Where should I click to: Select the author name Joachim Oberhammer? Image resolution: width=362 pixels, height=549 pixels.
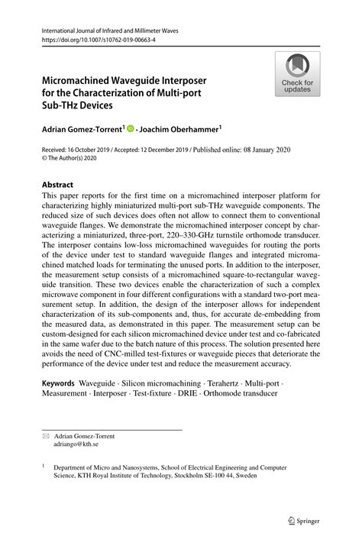tap(180, 130)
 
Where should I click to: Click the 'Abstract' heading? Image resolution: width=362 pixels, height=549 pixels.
tap(57, 185)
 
